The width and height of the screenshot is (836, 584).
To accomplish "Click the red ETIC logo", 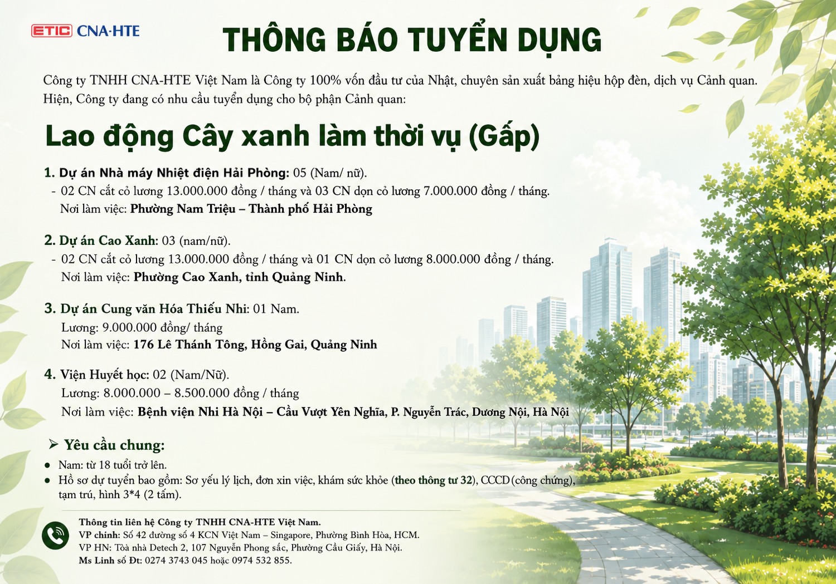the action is [51, 31].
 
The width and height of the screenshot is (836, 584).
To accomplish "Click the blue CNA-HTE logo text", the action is [108, 31].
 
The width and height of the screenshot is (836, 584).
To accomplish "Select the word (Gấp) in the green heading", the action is [504, 136].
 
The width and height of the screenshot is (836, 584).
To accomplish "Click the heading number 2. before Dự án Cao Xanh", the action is [50, 241].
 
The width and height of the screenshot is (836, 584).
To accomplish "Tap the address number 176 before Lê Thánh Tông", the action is [143, 345].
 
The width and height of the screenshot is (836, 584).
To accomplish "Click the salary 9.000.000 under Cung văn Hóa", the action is [129, 327].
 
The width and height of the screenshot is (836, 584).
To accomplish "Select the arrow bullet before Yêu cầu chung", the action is [54, 445].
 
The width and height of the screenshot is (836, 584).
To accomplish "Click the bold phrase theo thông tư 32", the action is [434, 480].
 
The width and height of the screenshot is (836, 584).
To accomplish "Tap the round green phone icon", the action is [55, 536].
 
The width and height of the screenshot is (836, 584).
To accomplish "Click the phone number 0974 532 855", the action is [261, 561].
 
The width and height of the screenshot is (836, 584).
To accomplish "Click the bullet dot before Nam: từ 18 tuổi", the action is [47, 465].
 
